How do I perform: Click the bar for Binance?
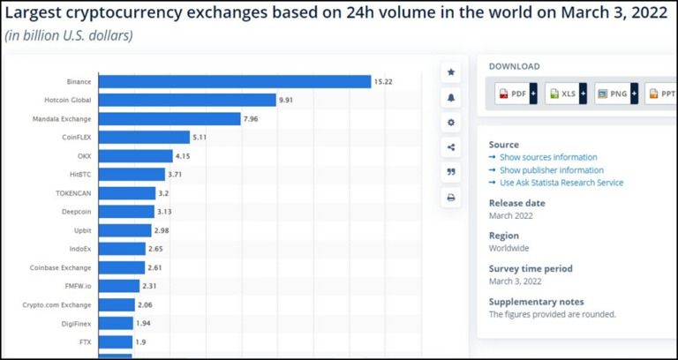(234, 81)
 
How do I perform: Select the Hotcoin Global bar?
(187, 100)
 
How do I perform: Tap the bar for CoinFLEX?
(144, 137)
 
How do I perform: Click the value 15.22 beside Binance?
(383, 81)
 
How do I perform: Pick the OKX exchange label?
(84, 156)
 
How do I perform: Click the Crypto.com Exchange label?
(57, 304)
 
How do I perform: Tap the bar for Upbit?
(124, 230)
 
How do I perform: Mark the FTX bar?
(115, 341)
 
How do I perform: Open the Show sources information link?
(548, 157)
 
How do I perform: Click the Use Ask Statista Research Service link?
(561, 183)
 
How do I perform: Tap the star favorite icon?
(451, 71)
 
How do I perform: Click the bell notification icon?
(451, 97)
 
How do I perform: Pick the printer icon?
(451, 198)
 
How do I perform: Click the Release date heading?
(517, 203)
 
